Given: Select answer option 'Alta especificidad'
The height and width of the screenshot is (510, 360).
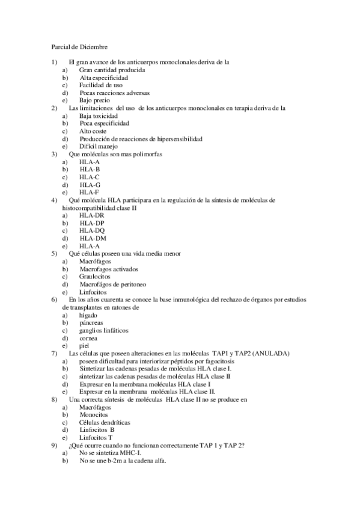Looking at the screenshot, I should click(103, 78).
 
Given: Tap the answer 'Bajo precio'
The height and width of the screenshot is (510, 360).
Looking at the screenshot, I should click(94, 100).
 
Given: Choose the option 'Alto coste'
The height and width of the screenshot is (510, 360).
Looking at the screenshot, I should click(93, 131).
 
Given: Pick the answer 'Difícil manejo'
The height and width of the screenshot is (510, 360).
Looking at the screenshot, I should click(99, 146).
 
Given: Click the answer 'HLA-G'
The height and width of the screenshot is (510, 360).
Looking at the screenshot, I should click(90, 184).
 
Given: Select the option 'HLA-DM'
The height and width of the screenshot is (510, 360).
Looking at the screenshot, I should click(93, 238).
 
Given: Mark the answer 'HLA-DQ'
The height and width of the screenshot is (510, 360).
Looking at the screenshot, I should click(92, 230).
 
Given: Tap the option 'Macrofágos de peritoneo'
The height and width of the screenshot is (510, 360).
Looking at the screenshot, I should click(113, 284).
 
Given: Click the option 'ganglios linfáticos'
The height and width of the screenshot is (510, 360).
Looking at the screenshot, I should click(103, 330).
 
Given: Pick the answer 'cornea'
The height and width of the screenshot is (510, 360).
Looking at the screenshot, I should click(89, 337).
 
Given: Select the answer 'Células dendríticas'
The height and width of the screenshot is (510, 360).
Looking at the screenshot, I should click(105, 422).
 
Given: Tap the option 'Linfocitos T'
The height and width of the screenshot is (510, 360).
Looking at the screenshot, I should click(96, 437).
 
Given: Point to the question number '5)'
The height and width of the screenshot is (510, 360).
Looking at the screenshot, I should click(54, 253).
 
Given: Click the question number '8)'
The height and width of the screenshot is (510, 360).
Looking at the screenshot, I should click(54, 399).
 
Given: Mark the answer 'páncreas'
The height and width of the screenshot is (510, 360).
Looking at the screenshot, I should click(91, 322).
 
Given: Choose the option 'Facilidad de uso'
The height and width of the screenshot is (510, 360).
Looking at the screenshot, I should click(101, 85).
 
